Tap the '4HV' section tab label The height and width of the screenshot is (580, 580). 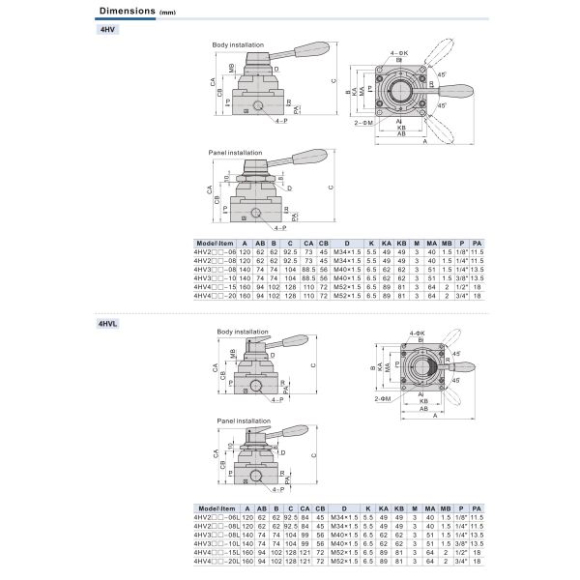[107, 29]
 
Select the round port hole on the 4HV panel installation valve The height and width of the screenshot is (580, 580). [258, 212]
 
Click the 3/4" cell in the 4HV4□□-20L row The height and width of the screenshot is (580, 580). [460, 561]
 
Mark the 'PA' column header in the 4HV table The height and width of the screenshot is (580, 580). [477, 245]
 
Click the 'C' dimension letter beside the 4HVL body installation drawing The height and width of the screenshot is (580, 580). [315, 365]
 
